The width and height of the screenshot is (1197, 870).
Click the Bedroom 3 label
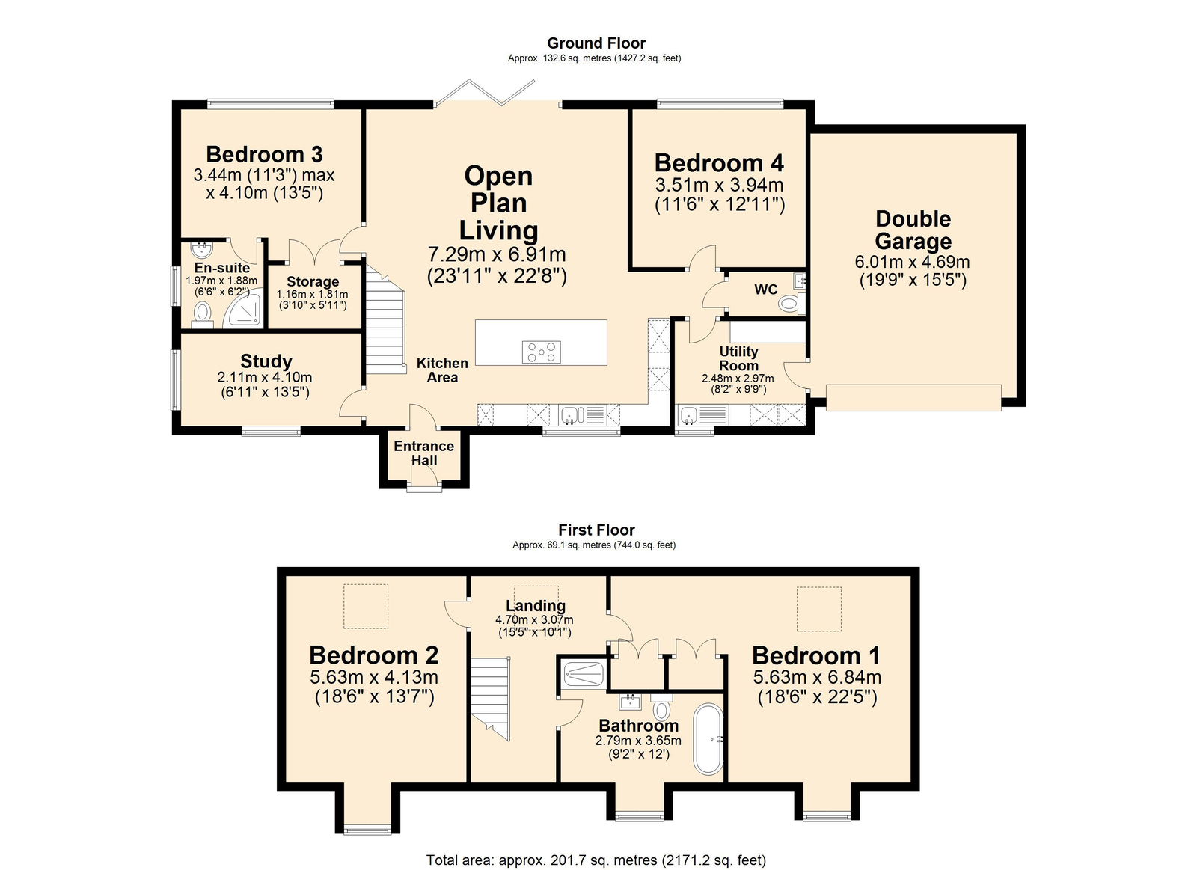(264, 154)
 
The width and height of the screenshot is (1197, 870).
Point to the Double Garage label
(913, 230)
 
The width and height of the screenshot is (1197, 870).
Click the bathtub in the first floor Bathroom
(708, 739)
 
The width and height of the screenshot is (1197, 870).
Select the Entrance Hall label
(423, 453)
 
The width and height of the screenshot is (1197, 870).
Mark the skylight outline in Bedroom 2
(366, 606)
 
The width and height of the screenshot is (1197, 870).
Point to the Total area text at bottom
(596, 860)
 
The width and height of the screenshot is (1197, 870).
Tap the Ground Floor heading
(596, 43)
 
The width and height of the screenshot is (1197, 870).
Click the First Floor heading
(596, 530)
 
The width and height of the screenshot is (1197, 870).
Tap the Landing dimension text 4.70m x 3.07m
(534, 619)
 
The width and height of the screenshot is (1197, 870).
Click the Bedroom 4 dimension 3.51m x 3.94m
(719, 185)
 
